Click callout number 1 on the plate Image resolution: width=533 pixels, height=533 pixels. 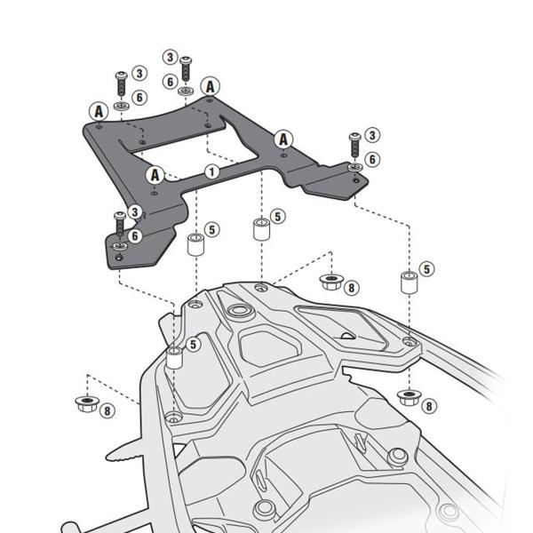[x=211, y=171]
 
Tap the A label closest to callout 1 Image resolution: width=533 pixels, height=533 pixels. [x=155, y=174]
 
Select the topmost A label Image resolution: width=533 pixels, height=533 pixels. [x=210, y=86]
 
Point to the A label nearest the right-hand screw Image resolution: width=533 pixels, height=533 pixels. [x=283, y=139]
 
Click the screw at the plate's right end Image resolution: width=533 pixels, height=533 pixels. [x=354, y=140]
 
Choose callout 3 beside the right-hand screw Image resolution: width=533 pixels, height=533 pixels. [x=372, y=135]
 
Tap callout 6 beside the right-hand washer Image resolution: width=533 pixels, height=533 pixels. [x=372, y=158]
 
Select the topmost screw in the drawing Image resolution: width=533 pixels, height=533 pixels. [x=186, y=67]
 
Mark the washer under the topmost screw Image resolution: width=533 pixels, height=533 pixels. [x=185, y=91]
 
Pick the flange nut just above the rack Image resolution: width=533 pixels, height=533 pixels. [x=330, y=282]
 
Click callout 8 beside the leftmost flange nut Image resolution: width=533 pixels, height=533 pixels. [x=107, y=410]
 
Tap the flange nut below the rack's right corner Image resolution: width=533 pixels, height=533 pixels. [x=409, y=396]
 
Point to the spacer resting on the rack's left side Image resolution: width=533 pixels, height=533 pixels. [x=174, y=359]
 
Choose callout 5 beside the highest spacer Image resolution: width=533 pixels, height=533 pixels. [x=277, y=216]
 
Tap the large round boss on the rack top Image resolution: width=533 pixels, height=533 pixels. [x=238, y=312]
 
